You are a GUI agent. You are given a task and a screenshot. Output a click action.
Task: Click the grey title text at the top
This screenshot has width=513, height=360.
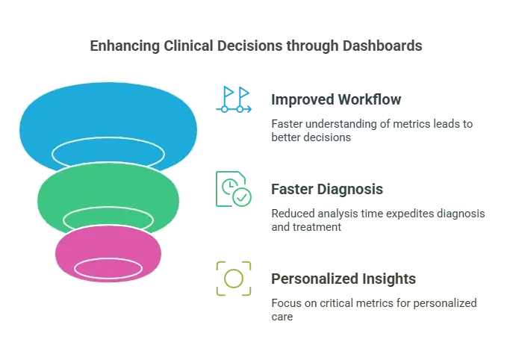256,46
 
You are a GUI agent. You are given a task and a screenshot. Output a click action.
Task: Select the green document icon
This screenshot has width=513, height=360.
231,187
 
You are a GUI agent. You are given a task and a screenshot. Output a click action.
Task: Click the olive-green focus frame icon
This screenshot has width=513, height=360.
234,278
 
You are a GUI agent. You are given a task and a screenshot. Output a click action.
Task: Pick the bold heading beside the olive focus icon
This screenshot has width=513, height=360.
343,279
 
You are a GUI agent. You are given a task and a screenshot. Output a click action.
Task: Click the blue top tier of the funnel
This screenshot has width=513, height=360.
108,112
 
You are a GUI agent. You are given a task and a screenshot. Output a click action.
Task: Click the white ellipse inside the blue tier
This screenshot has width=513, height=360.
108,152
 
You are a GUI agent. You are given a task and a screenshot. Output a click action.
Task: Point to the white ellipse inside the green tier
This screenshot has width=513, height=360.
108,220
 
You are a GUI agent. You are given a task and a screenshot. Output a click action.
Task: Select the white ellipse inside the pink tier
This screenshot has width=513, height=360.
108,268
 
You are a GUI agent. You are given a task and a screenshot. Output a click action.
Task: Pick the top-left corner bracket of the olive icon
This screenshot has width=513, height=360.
221,264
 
